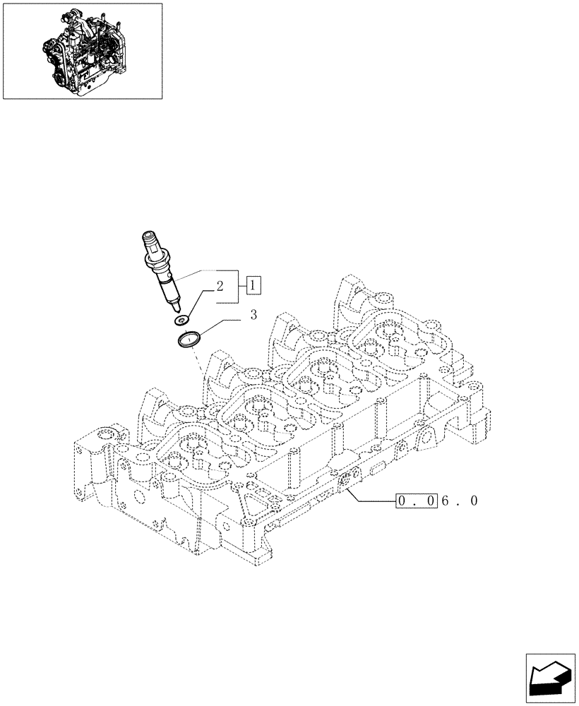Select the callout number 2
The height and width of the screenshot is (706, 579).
tap(220, 287)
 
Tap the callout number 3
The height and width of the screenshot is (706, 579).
tap(253, 316)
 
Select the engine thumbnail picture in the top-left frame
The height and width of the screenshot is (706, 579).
tap(82, 51)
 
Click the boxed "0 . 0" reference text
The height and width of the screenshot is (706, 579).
tap(416, 501)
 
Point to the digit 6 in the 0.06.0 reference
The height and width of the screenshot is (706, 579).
tap(445, 501)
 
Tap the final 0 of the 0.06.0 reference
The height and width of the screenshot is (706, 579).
tap(474, 501)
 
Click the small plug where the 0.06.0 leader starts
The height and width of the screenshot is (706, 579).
tap(346, 481)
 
